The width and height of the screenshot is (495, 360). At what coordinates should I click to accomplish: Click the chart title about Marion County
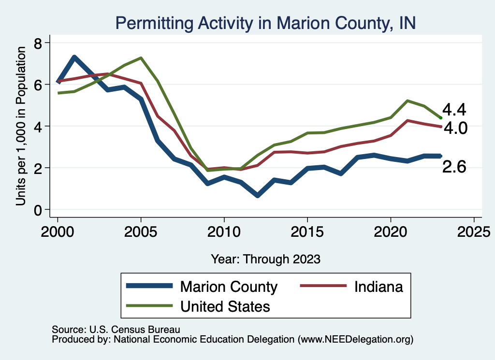pos(265,23)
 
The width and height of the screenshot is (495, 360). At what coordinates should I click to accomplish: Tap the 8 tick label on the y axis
pos(38,43)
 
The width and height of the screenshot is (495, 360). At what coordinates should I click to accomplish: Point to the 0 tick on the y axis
pos(38,210)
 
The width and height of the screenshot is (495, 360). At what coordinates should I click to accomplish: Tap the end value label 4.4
pos(454,110)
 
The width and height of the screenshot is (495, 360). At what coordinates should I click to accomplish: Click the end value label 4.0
pos(454,129)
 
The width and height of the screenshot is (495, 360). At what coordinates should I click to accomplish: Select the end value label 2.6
pos(454,167)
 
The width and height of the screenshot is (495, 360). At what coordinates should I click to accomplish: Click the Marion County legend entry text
pos(229,287)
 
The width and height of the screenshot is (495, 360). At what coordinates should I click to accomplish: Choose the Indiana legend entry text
pos(379,287)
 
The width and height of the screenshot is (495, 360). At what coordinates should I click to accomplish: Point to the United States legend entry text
pos(225,306)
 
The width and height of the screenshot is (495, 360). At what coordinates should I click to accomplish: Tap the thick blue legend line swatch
pos(148,286)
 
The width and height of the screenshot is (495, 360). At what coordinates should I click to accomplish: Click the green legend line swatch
pos(148,305)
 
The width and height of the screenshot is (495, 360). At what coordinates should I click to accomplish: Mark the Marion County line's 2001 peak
pos(74,58)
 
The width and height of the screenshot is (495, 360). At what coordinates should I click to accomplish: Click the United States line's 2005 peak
pos(141,58)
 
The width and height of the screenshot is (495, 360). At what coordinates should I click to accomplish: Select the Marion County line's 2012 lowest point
pos(257,195)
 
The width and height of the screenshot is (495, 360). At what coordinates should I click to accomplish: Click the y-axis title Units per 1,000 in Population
pos(21,126)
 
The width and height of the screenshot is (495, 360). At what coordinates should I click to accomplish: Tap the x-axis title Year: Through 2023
pos(265,259)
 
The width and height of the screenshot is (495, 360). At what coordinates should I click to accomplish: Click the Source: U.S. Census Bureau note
pos(116,330)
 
